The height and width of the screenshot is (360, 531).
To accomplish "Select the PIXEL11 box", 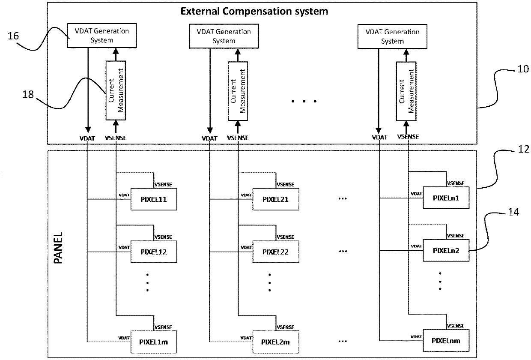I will pos(154,199).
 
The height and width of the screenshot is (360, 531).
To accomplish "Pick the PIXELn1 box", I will pos(446,198).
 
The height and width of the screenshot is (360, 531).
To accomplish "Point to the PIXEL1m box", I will pos(154,342).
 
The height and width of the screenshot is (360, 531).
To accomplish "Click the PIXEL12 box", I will pos(154,252).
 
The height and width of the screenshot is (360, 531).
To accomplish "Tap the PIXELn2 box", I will pos(446,250).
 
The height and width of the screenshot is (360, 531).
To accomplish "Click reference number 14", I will pos(513,212).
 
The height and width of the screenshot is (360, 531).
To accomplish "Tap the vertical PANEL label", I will pos(59,248).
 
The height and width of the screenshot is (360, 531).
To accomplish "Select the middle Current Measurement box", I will pos(236,90).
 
